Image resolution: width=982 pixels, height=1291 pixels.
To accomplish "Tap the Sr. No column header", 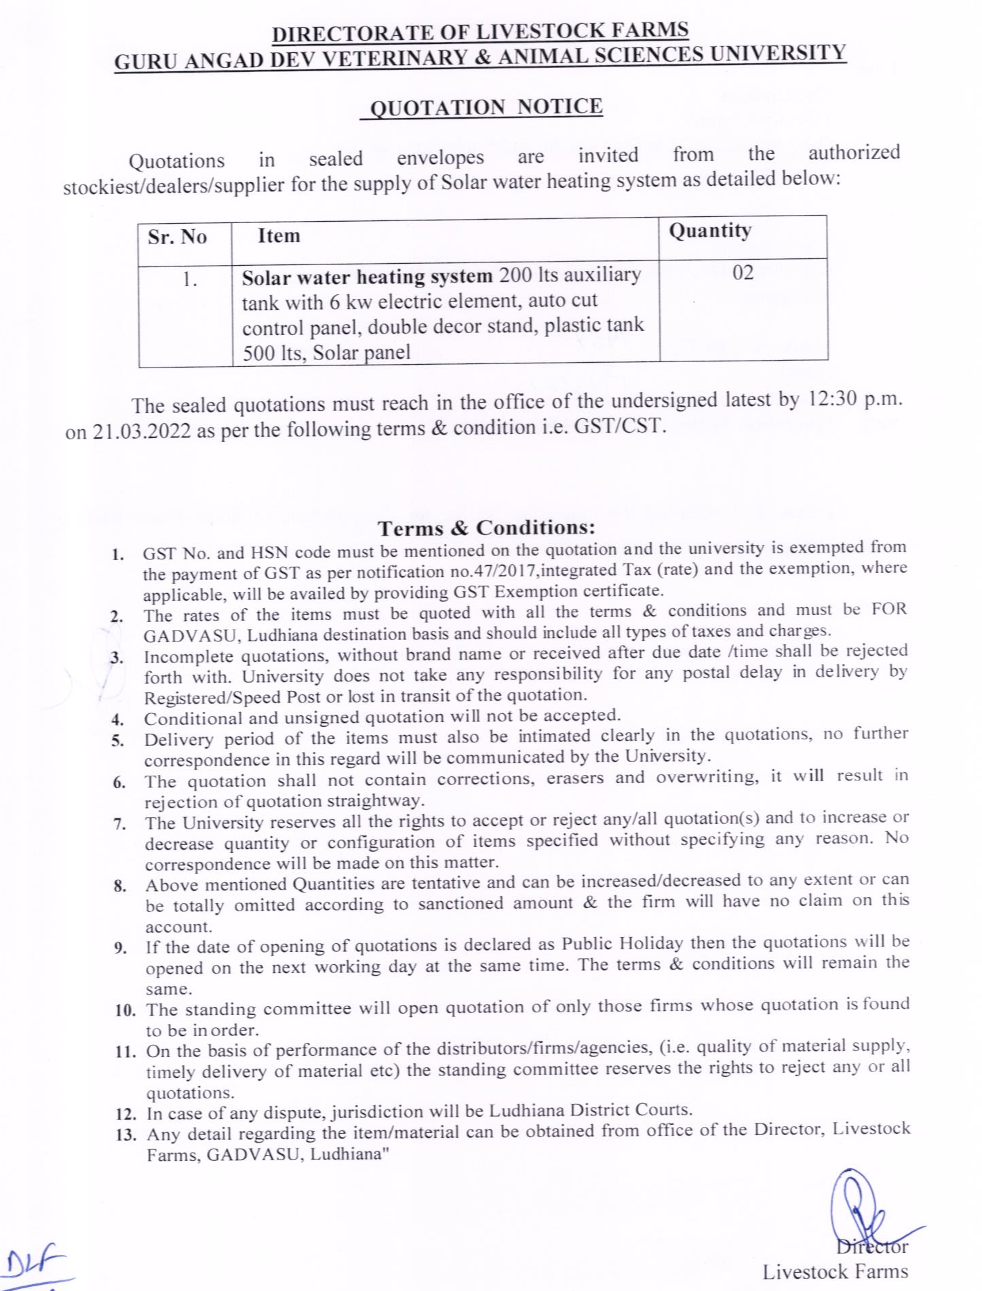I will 177,237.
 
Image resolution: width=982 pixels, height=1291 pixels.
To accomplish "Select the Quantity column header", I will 710,231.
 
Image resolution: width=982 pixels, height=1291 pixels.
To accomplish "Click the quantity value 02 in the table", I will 743,273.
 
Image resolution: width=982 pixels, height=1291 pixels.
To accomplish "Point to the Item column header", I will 279,236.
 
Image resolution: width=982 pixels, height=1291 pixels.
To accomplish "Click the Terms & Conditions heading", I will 486,528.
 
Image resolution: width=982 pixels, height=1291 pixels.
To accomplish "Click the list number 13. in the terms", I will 125,1134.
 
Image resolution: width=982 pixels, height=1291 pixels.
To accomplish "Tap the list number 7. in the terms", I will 119,825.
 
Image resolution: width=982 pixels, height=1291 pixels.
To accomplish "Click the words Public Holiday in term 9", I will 622,943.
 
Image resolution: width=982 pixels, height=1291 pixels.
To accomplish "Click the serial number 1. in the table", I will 189,279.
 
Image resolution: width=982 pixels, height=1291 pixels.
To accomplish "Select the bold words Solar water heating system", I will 367,277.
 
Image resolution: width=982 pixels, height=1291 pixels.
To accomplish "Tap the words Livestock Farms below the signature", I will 835,1272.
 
